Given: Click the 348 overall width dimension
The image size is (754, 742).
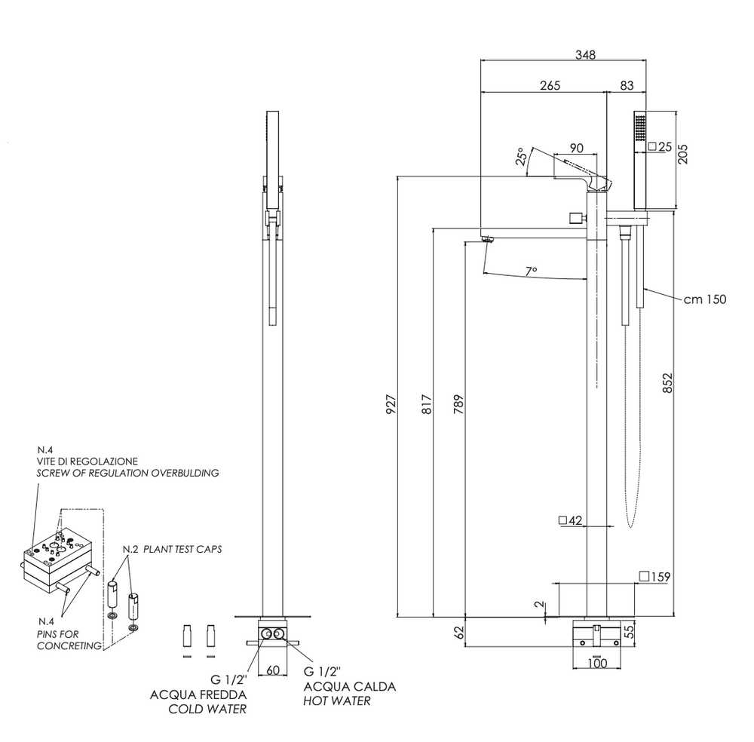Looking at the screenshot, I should pyautogui.click(x=585, y=54).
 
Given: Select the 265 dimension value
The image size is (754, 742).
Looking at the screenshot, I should pyautogui.click(x=550, y=85).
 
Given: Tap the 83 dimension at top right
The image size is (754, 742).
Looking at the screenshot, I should pyautogui.click(x=627, y=85).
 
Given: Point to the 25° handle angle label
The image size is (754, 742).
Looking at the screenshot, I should pyautogui.click(x=521, y=158).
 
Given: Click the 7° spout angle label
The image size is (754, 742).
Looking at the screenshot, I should pyautogui.click(x=532, y=270).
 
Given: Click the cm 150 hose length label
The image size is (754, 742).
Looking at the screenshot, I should pyautogui.click(x=705, y=299).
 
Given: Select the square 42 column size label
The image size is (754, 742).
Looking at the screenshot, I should pyautogui.click(x=571, y=520).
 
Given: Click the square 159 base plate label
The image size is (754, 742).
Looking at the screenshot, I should pyautogui.click(x=654, y=577).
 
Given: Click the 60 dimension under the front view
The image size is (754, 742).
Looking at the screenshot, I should pyautogui.click(x=273, y=670).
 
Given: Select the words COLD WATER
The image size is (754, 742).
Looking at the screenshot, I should pyautogui.click(x=207, y=710).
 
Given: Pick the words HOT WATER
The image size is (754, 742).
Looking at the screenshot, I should pyautogui.click(x=337, y=701).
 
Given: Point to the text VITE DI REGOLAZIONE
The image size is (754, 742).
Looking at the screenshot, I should pyautogui.click(x=87, y=460).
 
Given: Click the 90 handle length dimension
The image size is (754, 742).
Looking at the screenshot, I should pyautogui.click(x=577, y=147).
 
